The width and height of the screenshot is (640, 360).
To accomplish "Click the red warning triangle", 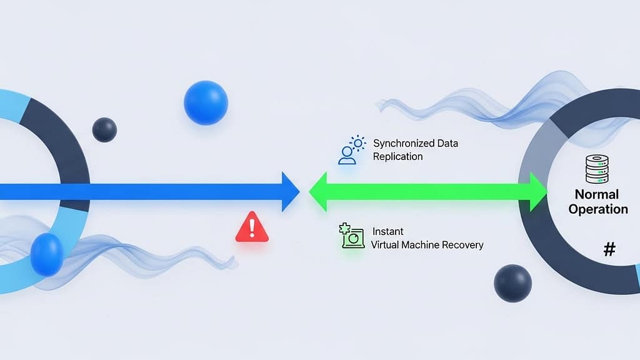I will click(x=252, y=227).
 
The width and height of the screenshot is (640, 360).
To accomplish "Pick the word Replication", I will click(x=397, y=156).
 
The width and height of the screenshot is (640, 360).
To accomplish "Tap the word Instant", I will click(x=387, y=231).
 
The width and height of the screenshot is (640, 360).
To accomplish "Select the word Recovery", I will click(x=463, y=244).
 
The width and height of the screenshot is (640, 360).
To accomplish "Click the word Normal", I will click(x=597, y=194).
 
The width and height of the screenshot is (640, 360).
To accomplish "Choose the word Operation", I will click(x=597, y=209).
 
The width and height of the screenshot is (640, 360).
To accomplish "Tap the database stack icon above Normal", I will click(x=597, y=169).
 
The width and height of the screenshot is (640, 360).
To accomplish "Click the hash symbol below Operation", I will click(x=609, y=250).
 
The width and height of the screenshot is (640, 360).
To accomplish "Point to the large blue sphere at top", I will click(x=206, y=102).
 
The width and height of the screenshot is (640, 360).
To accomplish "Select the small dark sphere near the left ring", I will click(x=104, y=129).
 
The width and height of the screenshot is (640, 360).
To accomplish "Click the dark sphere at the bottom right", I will click(x=512, y=283).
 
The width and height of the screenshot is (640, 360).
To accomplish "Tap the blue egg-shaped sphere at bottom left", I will click(x=47, y=254).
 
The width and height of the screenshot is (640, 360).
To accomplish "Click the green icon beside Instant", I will click(x=352, y=237).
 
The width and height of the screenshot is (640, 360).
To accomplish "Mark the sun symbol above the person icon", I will click(x=357, y=143).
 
